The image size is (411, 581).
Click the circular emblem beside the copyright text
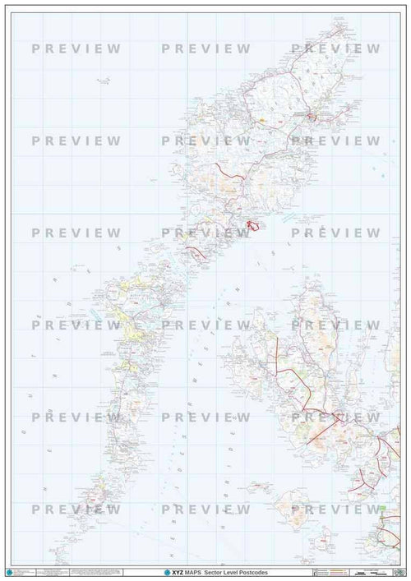pyautogui.click(x=9, y=570)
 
